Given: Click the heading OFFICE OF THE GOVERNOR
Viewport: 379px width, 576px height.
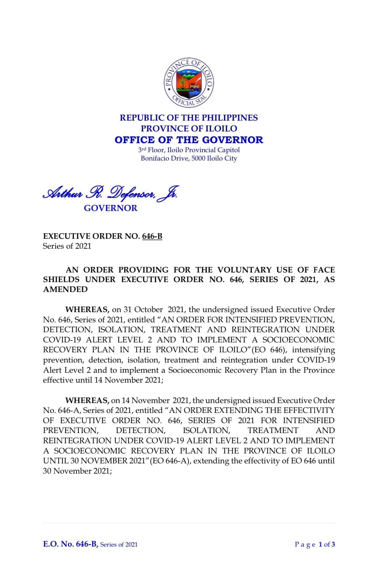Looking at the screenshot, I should pos(189,140).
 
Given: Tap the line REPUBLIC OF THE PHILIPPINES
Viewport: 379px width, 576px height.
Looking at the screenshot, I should pos(189,118).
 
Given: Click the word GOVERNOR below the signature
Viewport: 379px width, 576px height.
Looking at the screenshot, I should pos(110,208).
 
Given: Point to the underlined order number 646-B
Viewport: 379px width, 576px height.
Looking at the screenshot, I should pos(152,236).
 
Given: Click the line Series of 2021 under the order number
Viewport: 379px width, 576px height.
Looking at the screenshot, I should pos(67,246).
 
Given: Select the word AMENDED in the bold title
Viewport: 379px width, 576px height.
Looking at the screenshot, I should pos(65,290).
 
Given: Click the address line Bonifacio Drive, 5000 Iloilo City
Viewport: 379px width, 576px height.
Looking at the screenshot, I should pos(189,158).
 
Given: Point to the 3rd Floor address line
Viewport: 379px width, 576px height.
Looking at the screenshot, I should pos(189,150).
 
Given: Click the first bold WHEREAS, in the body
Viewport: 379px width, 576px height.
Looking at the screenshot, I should pos(87,310).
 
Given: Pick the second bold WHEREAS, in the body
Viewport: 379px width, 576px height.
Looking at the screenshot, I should pos(87,401).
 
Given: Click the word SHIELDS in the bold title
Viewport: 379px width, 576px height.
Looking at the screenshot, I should pos(61,280).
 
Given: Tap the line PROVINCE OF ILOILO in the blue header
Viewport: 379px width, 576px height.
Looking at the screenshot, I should pos(189,128).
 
